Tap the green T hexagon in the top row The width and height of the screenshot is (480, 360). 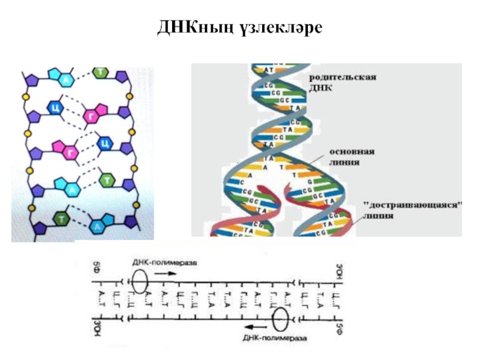click(x=103, y=73)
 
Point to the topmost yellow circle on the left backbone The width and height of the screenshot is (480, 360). click(x=26, y=96)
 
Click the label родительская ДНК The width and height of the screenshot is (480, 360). click(x=342, y=83)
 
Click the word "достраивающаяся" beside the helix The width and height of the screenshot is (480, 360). click(x=413, y=205)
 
